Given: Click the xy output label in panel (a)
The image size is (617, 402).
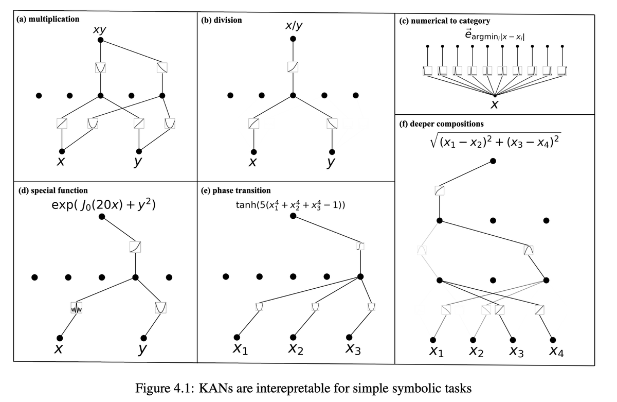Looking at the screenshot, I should click(100, 30).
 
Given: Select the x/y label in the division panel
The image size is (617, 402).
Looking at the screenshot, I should click(294, 26).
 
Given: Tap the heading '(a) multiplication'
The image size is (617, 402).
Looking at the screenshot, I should click(48, 19).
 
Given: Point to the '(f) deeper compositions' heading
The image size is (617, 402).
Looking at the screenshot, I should click(441, 124).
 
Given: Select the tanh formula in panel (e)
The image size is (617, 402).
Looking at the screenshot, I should click(290, 205).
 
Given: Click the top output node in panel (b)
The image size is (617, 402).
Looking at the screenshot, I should click(293, 39).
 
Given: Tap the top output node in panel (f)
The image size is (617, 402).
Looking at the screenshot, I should click(493, 161).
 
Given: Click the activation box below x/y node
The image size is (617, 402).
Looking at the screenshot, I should click(293, 67).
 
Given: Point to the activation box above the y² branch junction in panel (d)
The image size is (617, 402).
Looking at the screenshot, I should click(135, 247).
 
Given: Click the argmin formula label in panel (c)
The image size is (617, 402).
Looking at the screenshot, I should click(494, 36).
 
